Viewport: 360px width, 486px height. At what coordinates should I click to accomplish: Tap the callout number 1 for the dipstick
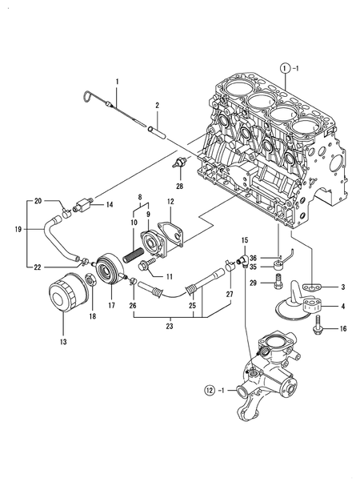coord(116,82)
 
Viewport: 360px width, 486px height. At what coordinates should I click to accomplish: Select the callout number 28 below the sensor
coord(180,186)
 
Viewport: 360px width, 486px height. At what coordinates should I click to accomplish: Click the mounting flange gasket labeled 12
coord(172,234)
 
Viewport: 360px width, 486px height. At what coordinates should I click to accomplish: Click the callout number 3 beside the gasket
coord(342,286)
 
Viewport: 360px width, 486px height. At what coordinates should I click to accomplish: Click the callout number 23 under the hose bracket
coord(194,327)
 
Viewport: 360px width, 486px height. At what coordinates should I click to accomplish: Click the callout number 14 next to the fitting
coord(110,206)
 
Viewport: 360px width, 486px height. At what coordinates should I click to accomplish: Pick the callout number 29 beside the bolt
coord(253,283)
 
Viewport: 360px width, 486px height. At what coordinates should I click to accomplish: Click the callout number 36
coord(253,258)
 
